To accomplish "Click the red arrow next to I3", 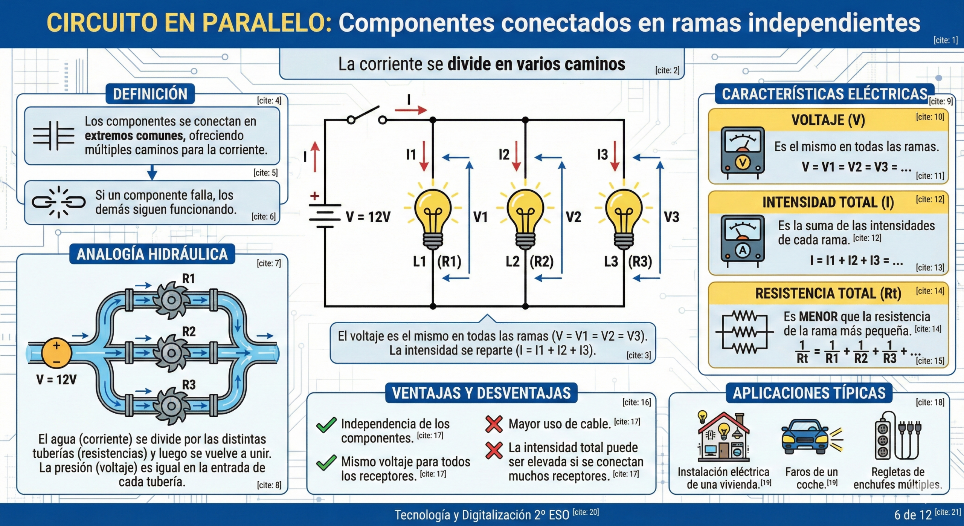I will (615, 156).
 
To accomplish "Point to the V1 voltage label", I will (480, 217).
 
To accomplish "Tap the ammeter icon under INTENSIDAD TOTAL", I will (742, 240).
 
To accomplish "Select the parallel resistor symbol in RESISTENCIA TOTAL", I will (744, 332).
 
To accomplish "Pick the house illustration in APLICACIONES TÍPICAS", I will (723, 437).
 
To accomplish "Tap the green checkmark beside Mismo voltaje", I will (326, 462).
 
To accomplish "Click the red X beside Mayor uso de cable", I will (494, 424).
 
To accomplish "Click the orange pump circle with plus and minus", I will (56, 353).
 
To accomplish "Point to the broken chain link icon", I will (58, 202).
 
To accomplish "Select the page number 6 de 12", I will (913, 515).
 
